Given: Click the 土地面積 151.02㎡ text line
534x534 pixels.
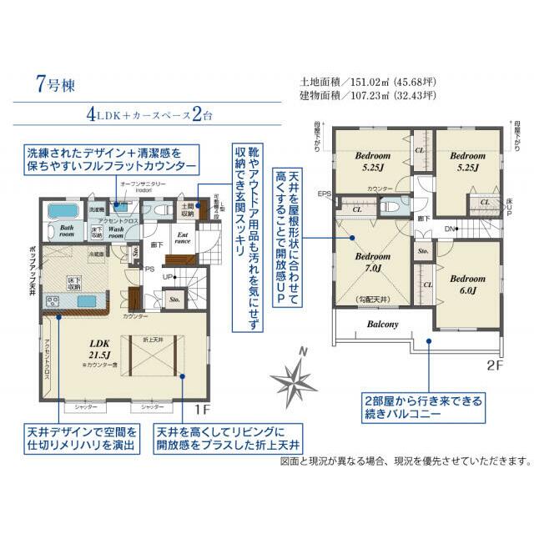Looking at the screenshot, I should pyautogui.click(x=367, y=83).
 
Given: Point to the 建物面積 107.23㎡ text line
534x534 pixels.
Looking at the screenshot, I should pyautogui.click(x=367, y=96).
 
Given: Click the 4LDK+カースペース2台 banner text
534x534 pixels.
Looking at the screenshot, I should pyautogui.click(x=151, y=114).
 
